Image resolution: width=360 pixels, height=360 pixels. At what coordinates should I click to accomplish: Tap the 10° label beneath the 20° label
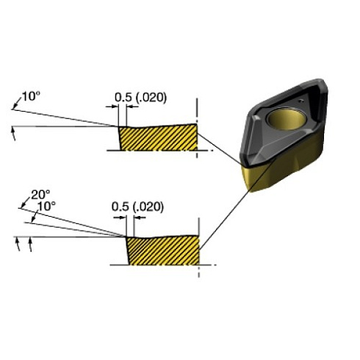pos(46,206)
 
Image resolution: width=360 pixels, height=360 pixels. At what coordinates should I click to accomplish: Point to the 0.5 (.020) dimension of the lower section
pos(137,207)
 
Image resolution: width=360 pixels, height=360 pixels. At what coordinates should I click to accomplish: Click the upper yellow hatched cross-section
pos(158,137)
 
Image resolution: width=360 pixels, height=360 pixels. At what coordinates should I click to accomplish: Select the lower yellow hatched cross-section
pos(162,250)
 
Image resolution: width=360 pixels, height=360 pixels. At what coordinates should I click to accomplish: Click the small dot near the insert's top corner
pos(302,98)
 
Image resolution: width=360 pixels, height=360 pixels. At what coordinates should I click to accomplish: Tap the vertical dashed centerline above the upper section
pos(197,108)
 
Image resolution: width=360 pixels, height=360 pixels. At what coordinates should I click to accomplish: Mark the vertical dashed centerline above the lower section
pos(199,224)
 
